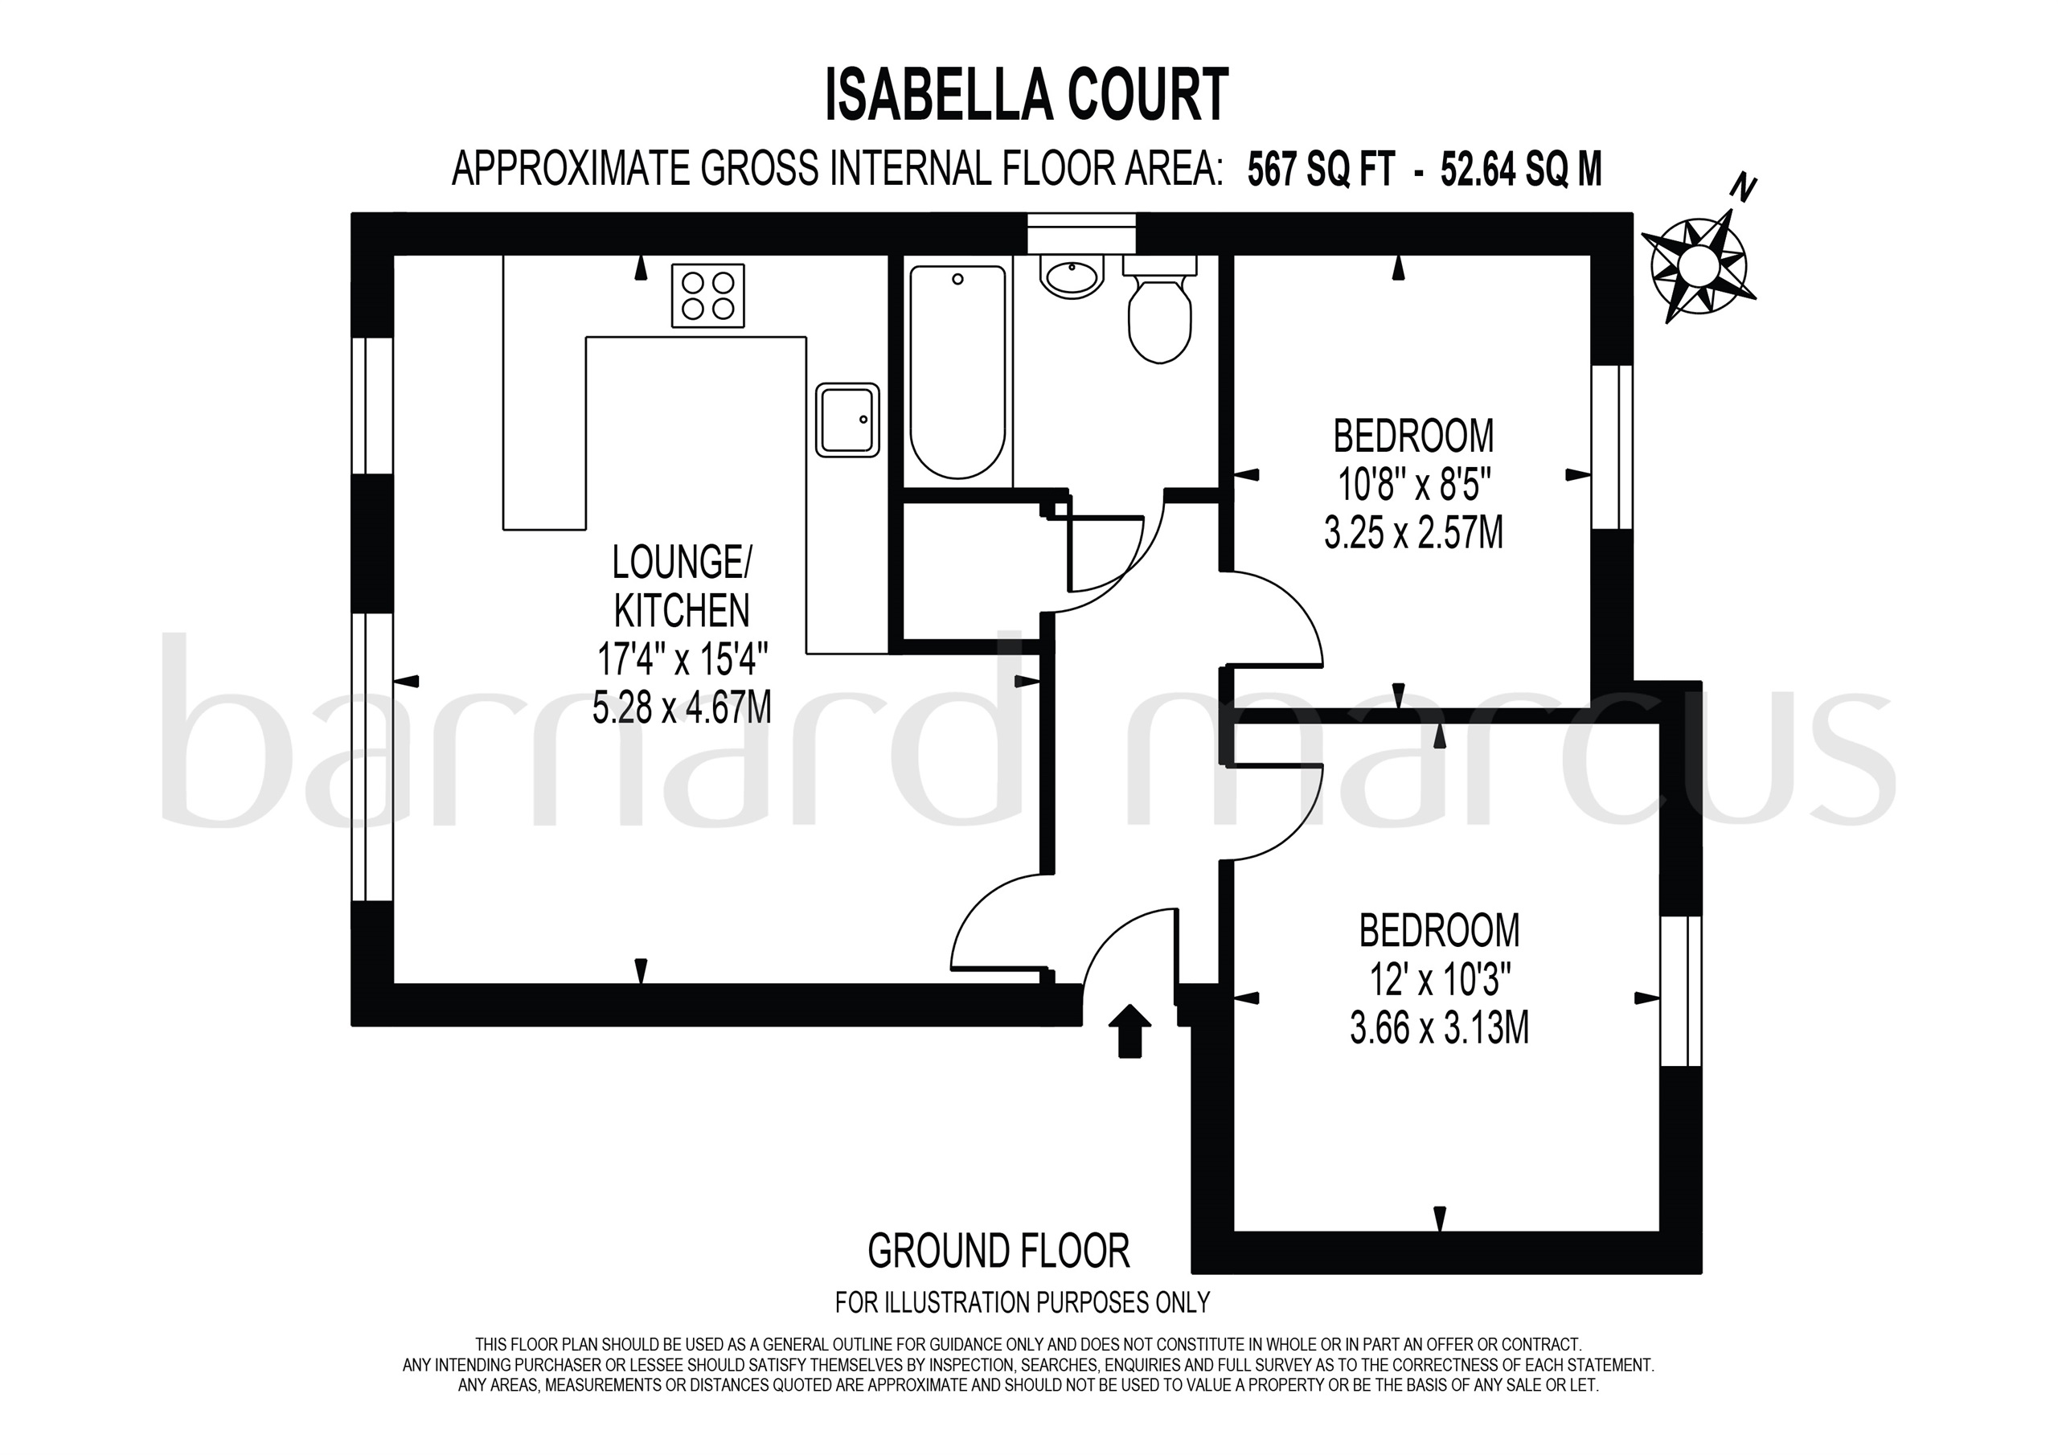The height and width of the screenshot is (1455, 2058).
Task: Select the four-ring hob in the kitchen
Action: tap(707, 296)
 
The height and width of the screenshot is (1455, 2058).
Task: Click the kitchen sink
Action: tap(847, 420)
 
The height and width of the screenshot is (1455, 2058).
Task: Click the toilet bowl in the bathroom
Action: tap(1160, 318)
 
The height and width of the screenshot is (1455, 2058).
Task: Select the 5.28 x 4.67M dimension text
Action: tap(681, 708)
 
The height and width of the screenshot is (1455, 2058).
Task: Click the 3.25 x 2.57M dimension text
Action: tap(1413, 535)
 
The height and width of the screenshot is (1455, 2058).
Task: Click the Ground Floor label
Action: tap(998, 1252)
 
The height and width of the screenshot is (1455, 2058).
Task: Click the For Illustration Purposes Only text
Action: tap(1023, 1301)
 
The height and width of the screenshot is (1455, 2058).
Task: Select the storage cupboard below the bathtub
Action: tap(970, 571)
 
